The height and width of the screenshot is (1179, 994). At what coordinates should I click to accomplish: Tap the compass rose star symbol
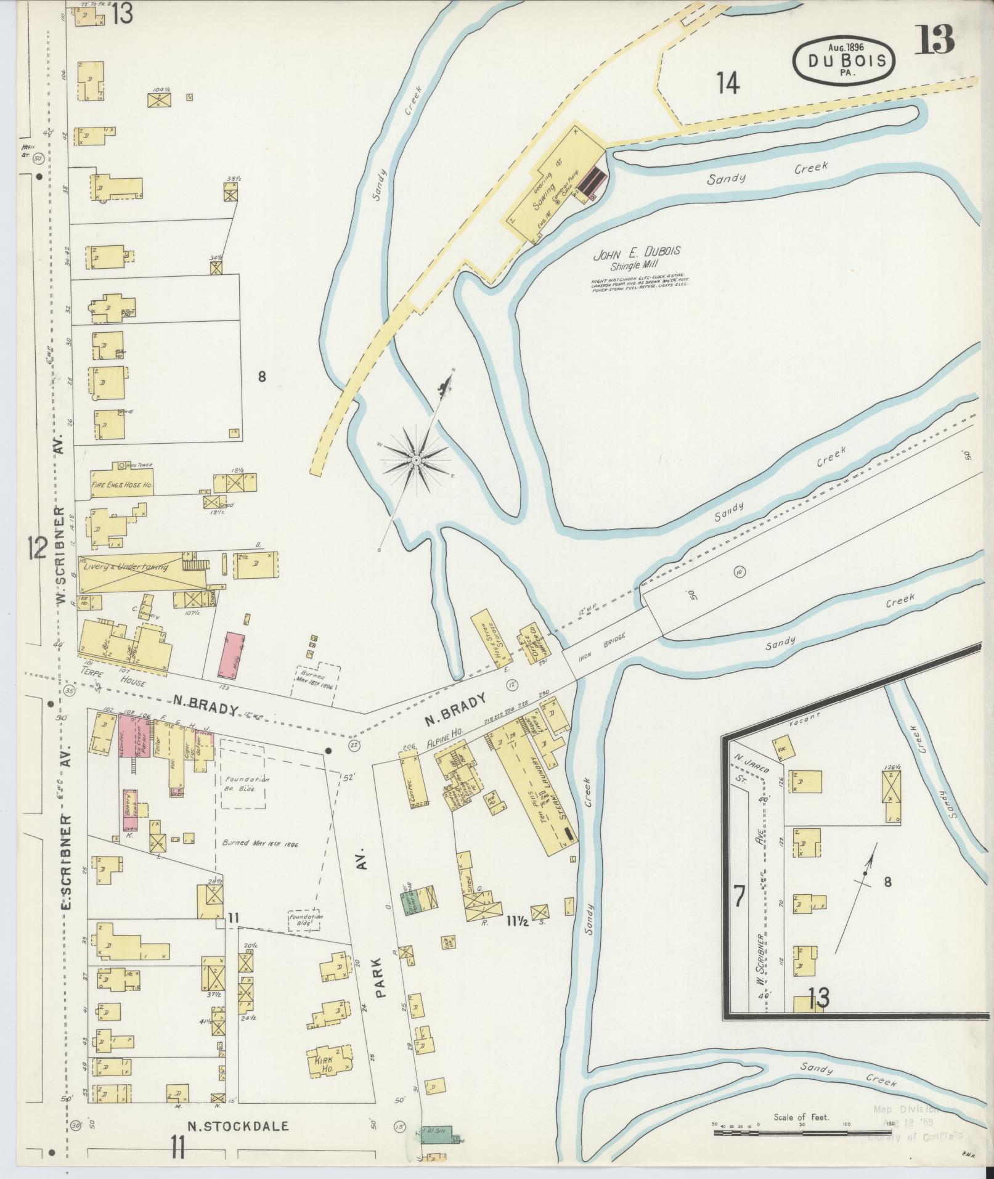click(417, 460)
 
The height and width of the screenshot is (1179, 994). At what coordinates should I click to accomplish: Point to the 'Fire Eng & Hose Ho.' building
click(122, 484)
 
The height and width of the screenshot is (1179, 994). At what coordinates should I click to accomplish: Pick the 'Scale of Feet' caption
click(801, 1117)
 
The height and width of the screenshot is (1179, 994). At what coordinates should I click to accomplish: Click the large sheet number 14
click(728, 83)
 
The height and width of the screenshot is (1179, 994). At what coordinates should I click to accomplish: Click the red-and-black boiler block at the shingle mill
click(593, 180)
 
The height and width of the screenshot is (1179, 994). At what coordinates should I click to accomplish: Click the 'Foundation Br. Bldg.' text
click(240, 783)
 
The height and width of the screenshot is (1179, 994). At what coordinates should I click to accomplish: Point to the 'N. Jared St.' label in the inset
click(748, 765)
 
